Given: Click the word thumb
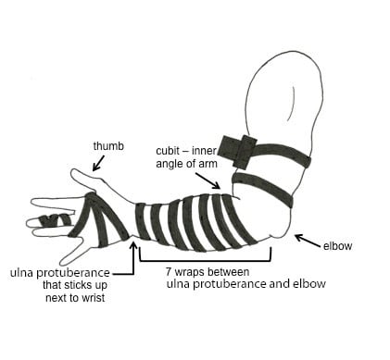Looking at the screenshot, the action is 108,146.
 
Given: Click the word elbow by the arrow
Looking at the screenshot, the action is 337,246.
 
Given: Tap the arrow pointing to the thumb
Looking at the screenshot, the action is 98,163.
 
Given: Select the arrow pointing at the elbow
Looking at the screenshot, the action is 308,241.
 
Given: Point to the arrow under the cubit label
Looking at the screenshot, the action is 208,180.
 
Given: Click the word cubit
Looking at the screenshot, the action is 168,151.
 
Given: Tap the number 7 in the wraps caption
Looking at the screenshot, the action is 169,272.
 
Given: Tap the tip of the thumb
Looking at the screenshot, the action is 73,173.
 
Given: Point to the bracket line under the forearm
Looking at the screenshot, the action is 206,261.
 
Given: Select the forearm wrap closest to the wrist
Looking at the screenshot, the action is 142,221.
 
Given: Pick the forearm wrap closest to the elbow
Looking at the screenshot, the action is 238,220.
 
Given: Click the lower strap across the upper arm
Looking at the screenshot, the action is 262,189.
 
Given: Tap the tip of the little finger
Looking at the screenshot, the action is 64,263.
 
